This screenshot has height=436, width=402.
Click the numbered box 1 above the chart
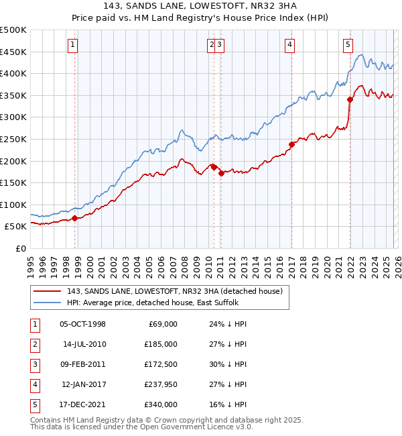72,45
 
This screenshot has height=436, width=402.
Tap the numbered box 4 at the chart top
290,45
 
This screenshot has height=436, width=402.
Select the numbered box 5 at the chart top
348,45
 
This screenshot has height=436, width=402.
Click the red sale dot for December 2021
350,99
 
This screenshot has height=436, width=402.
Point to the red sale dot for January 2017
291,144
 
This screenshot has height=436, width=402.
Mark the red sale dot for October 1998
75,218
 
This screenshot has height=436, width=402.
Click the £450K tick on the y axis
13,52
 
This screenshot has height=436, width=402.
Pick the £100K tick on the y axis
13,205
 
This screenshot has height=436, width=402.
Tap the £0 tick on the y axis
21,248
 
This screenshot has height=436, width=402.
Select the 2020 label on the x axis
327,265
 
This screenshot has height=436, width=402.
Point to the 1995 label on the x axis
31,265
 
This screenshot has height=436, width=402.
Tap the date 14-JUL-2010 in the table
84,344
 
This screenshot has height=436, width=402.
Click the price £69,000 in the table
161,324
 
